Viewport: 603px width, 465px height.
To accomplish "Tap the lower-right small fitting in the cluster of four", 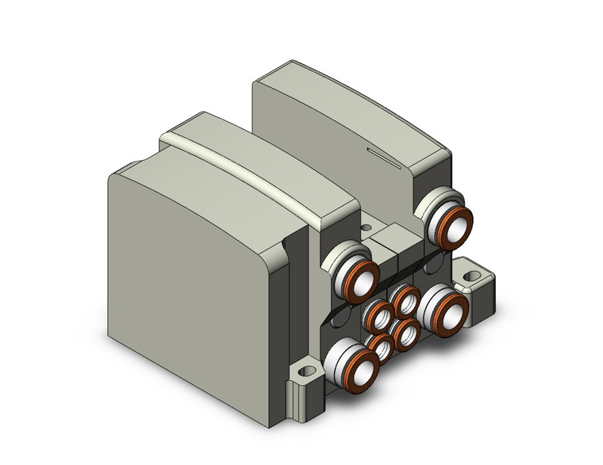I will pyautogui.click(x=409, y=333).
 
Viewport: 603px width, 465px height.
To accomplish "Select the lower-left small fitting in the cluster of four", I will pyautogui.click(x=379, y=347).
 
